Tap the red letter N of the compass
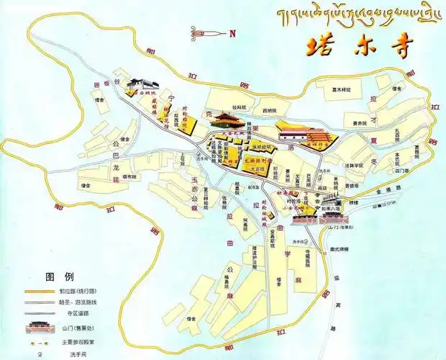tap(232, 33)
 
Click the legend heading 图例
tap(60, 276)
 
